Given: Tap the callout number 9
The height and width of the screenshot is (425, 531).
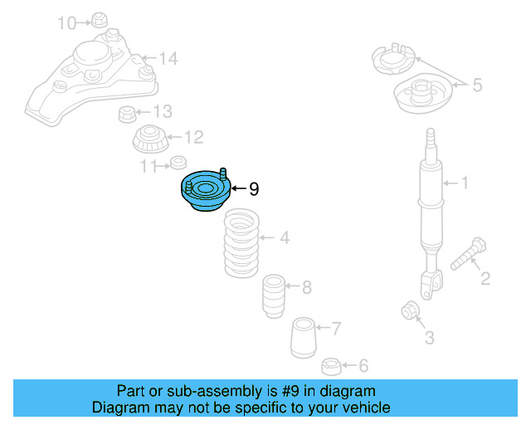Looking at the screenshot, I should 254,190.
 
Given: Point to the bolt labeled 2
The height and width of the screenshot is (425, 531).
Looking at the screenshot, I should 469,253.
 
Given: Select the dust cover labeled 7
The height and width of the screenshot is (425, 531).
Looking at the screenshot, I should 304,339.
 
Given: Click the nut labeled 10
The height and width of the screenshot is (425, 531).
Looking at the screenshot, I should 100,20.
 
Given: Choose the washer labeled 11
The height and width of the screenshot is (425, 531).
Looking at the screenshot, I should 177,163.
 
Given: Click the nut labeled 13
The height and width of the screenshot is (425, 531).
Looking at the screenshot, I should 128,112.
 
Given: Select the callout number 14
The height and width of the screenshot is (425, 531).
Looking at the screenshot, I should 168,58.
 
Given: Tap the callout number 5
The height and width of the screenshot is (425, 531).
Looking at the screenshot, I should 477,84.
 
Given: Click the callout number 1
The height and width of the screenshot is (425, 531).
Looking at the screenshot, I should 465,182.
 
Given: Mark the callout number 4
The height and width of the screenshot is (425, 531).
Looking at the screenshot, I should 284,239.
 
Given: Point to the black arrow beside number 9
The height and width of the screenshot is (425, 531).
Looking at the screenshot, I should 236,189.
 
